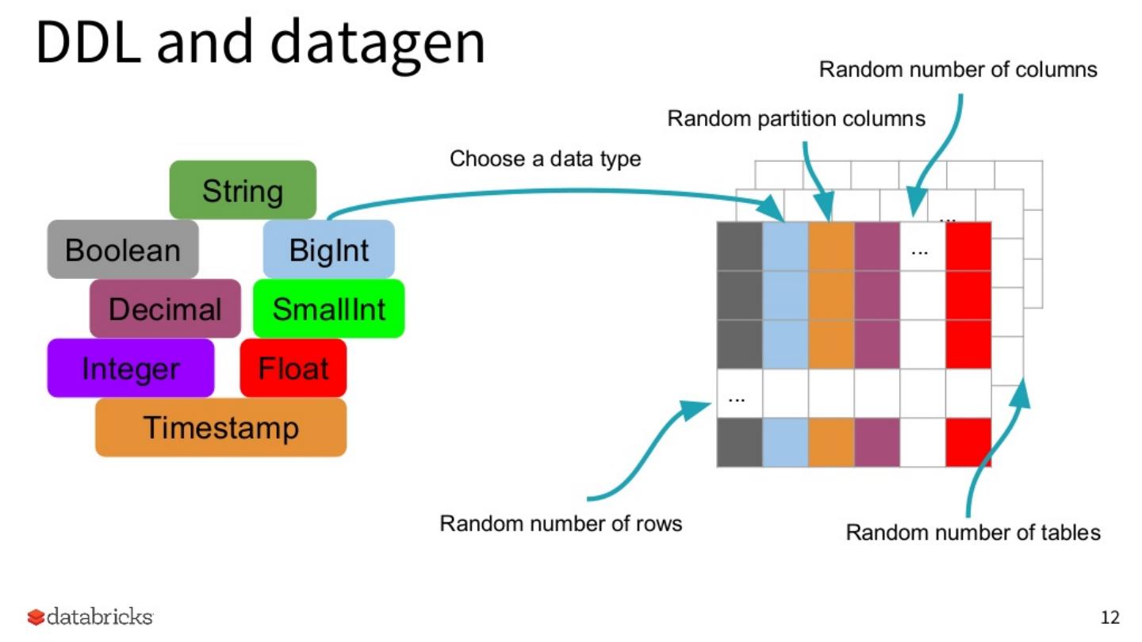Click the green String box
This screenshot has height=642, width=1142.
pyautogui.click(x=243, y=190)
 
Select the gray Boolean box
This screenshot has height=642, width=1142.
pyautogui.click(x=123, y=249)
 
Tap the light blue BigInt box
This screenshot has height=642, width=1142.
pyautogui.click(x=329, y=249)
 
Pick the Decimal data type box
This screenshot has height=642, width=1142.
pyautogui.click(x=165, y=308)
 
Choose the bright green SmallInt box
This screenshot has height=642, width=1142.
pyautogui.click(x=329, y=308)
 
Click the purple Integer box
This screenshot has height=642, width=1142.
pyautogui.click(x=131, y=368)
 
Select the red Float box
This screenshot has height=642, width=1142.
pyautogui.click(x=293, y=368)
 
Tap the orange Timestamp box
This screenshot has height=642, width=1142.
pyautogui.click(x=220, y=427)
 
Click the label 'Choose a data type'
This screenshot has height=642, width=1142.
pyautogui.click(x=545, y=159)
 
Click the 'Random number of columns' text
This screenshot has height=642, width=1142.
pyautogui.click(x=958, y=69)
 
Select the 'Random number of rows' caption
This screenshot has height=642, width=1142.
pyautogui.click(x=561, y=523)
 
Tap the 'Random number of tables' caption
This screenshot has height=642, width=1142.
pyautogui.click(x=973, y=533)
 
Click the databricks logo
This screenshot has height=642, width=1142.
pyautogui.click(x=90, y=617)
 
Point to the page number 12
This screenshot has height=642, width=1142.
pyautogui.click(x=1110, y=617)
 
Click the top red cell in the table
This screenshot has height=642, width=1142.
pyautogui.click(x=968, y=246)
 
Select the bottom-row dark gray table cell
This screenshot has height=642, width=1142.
pyautogui.click(x=740, y=442)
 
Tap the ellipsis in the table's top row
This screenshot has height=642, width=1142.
pyautogui.click(x=920, y=252)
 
